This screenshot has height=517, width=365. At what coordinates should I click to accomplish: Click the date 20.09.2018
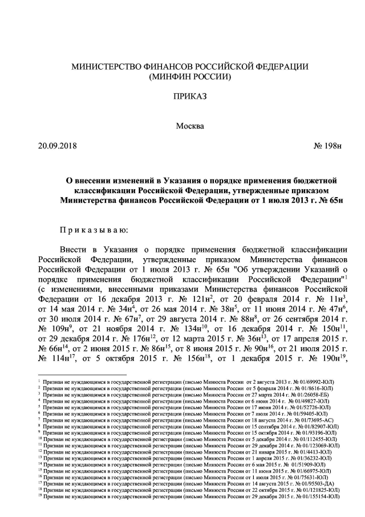[x=57, y=146]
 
